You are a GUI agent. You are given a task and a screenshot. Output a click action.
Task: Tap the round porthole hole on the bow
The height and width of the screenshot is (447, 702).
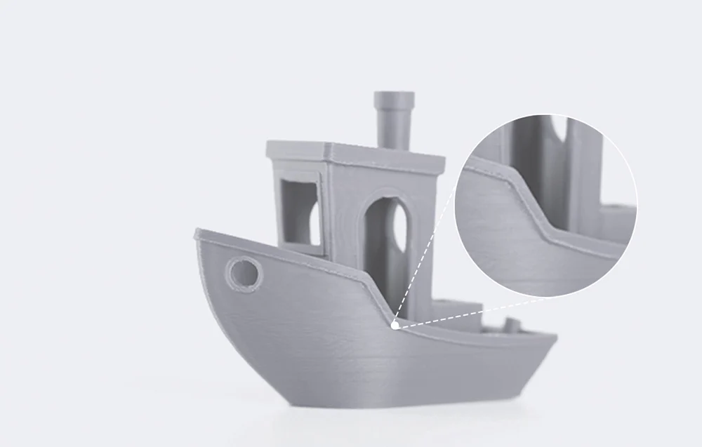tap(244, 274)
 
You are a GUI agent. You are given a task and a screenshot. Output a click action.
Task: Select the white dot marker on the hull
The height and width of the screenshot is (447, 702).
tap(395, 325)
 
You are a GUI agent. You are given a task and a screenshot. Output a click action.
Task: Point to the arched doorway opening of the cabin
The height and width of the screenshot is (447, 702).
tap(383, 239)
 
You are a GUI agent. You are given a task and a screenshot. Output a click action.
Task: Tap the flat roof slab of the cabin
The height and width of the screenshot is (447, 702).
tap(355, 151)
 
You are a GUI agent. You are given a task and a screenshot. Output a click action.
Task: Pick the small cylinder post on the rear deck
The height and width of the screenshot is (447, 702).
tap(511, 325)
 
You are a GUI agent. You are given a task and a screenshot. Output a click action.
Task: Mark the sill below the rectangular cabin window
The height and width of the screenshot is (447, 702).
tap(298, 249)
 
